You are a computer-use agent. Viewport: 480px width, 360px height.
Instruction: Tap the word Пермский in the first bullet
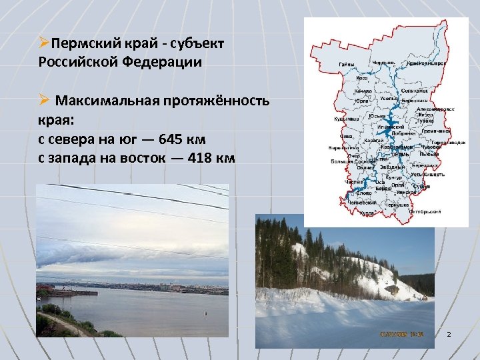[86, 44]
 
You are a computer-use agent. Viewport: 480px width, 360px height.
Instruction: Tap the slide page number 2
[449, 333]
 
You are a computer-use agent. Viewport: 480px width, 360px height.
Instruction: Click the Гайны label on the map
[347, 64]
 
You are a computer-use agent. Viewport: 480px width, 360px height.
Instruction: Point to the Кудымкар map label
[346, 119]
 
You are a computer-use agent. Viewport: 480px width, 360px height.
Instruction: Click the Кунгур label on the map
[394, 177]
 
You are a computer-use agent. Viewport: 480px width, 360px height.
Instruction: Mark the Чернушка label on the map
[398, 205]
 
